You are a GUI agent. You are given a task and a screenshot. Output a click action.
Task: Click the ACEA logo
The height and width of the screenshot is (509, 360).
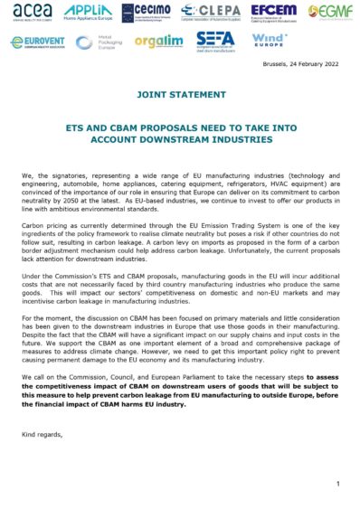[x=33, y=12]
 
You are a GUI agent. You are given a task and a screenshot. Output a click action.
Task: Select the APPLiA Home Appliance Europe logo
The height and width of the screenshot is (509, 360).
[x=87, y=12]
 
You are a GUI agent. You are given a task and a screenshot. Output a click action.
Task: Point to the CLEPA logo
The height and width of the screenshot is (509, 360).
[x=211, y=12]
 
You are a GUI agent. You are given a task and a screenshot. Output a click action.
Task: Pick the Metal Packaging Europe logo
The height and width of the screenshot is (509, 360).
[x=97, y=42]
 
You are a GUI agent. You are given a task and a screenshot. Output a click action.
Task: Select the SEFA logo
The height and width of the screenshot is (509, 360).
[x=218, y=42]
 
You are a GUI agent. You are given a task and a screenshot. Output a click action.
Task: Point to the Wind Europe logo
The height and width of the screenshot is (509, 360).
[x=270, y=42]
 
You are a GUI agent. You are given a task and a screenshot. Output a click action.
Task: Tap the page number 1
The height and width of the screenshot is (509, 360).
[x=336, y=484]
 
